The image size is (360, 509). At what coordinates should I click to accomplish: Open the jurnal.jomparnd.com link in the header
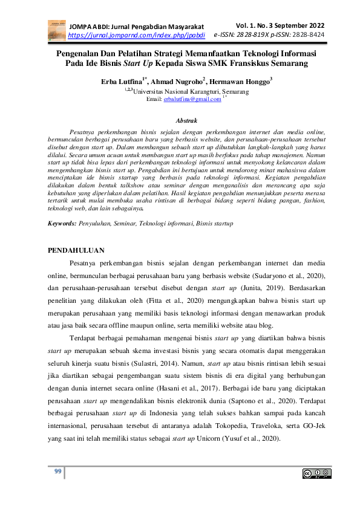pyautogui.click(x=137, y=36)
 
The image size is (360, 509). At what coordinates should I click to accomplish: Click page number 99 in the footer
pyautogui.click(x=59, y=472)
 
